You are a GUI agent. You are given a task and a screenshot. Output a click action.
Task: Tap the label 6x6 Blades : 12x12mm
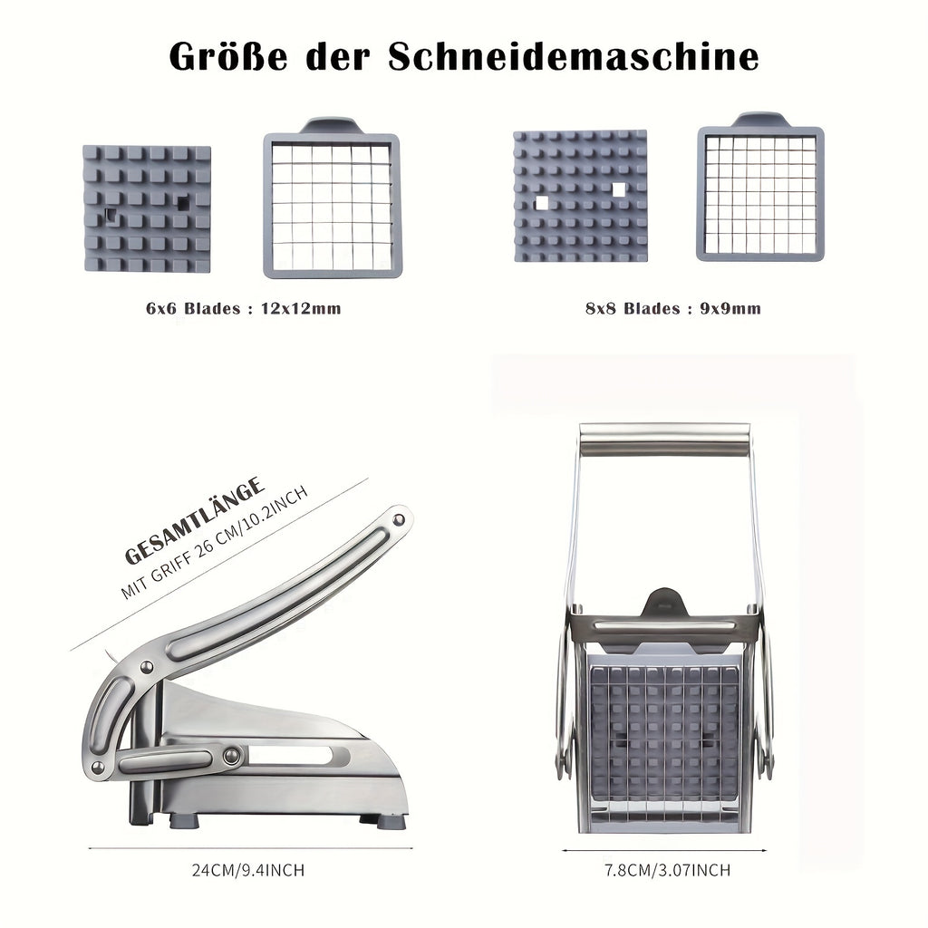tap(243, 308)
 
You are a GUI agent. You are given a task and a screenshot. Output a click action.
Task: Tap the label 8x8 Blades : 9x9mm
tap(672, 308)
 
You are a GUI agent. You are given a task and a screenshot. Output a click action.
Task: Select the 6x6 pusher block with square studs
tap(147, 208)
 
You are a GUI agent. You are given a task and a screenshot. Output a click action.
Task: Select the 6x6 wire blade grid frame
tap(332, 207)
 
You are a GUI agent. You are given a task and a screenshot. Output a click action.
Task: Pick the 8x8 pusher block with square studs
tap(580, 196)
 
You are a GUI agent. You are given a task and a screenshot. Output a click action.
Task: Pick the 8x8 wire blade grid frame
tap(759, 194)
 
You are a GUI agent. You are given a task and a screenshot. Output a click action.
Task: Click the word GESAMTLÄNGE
tap(196, 521)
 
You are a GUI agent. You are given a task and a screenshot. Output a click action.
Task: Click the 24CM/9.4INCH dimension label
tap(247, 870)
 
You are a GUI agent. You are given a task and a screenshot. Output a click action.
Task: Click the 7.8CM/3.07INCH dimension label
tap(668, 870)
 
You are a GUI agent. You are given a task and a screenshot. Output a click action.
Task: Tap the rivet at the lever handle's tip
tap(397, 519)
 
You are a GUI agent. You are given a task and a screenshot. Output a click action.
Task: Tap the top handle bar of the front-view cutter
tap(664, 439)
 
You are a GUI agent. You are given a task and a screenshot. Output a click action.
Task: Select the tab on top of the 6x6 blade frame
tap(331, 125)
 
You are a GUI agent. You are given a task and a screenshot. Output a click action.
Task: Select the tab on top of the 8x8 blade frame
tap(759, 120)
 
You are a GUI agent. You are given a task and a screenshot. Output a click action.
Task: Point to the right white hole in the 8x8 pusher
tap(619, 190)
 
